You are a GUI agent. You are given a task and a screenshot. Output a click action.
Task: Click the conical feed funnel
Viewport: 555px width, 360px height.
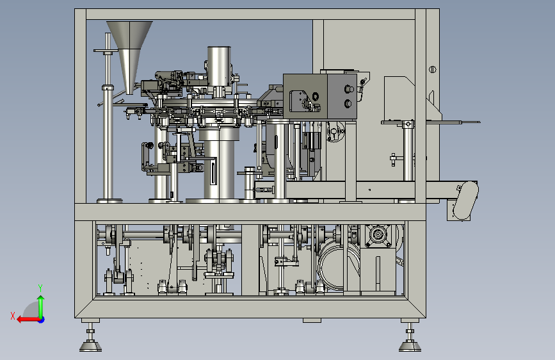click(x=129, y=53)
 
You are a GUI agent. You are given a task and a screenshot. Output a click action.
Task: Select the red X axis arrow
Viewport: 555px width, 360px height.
click(x=28, y=320)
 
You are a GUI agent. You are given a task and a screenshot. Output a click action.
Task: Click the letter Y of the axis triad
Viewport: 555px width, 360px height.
click(x=40, y=288)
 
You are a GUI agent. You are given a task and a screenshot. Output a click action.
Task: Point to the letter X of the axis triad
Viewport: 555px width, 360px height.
click(x=13, y=316)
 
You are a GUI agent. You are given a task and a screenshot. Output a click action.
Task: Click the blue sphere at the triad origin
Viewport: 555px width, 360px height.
click(x=42, y=320)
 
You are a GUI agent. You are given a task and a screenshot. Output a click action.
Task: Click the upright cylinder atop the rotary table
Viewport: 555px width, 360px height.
click(x=219, y=67)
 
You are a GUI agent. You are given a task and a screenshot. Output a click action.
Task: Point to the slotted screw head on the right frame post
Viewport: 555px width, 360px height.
click(x=433, y=69)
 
